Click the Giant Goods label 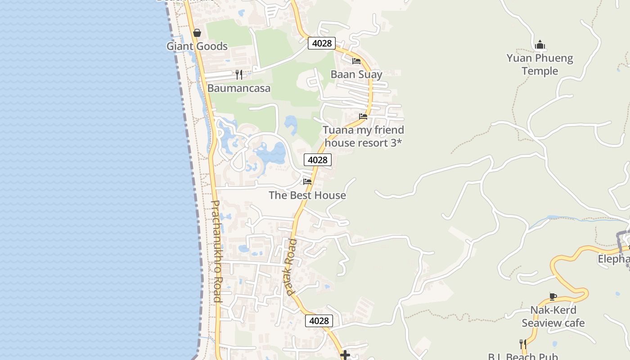pos(197,46)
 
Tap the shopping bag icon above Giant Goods pos(197,33)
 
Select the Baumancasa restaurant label pos(239,88)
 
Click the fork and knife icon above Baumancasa pos(239,74)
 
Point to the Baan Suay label pos(356,74)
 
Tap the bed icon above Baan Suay pos(356,61)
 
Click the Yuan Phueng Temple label pos(540,64)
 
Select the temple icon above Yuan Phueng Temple pos(540,45)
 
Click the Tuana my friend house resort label pos(364,136)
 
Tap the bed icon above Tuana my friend pos(363,117)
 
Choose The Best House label pos(307,195)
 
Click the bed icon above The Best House pos(307,181)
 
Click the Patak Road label pos(291,267)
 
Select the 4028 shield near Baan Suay pos(322,43)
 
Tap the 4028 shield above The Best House pos(318,160)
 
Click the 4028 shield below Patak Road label pos(319,321)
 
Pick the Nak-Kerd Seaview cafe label pos(553,316)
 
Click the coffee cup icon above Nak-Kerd pos(553,297)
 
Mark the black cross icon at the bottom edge pos(345,355)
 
